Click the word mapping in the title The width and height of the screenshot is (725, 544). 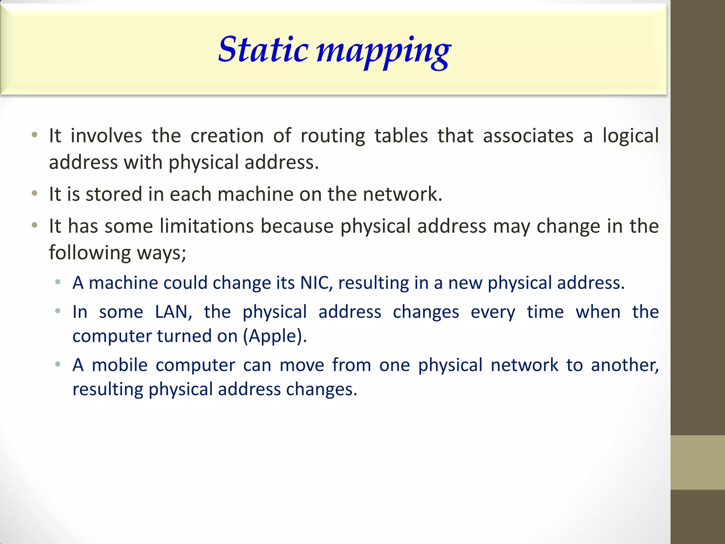383,51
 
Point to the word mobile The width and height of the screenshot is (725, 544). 120,365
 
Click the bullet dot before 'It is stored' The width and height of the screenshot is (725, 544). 34,193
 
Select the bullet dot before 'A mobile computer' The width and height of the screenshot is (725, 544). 58,364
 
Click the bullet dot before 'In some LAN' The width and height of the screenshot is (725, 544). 58,311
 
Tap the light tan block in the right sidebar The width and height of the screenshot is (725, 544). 697,462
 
